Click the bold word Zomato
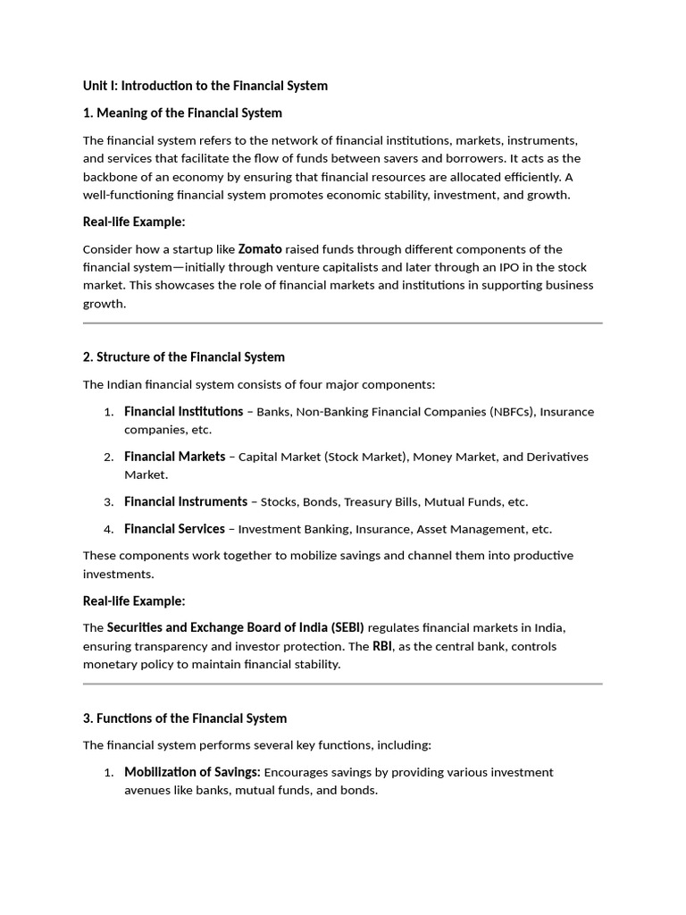[260, 249]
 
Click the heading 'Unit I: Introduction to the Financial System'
[205, 86]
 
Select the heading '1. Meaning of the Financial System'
[182, 113]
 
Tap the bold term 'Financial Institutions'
[183, 411]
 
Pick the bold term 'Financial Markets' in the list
[174, 457]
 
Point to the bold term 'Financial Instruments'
[186, 501]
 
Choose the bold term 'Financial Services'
[174, 529]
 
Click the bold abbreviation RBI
[382, 646]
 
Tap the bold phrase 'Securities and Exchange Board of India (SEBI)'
[236, 627]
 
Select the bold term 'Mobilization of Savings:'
[192, 772]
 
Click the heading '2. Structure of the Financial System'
[184, 357]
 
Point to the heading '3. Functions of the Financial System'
[185, 718]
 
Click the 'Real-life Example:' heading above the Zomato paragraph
[134, 222]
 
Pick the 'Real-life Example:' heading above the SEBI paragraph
[134, 600]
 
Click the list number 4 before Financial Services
[108, 529]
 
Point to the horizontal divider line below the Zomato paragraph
[343, 323]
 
